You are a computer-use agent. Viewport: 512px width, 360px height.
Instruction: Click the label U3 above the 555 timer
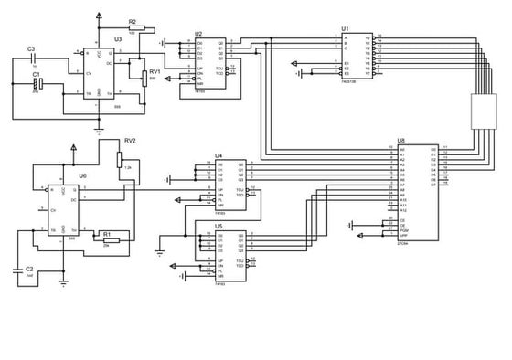[x=117, y=39]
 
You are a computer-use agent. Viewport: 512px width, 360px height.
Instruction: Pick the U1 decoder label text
[x=345, y=28]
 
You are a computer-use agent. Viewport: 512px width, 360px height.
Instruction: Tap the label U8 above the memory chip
[x=400, y=142]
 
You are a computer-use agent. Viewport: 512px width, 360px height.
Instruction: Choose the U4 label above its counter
[x=219, y=156]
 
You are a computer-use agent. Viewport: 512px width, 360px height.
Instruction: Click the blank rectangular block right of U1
[x=481, y=111]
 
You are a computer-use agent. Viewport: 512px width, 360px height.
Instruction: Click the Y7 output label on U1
[x=368, y=73]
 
